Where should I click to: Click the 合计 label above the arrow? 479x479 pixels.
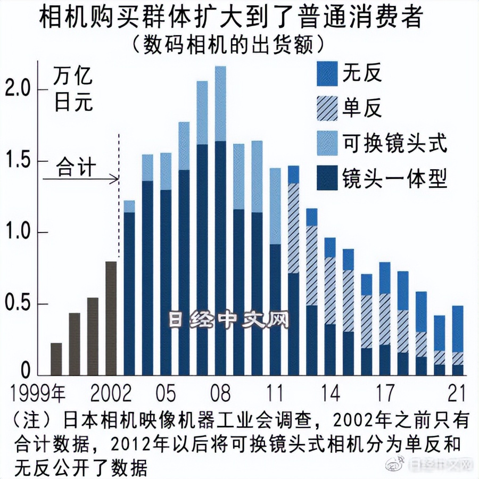[x=76, y=167]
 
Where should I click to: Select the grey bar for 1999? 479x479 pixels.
[x=56, y=359]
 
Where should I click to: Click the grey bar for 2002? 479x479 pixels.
[x=111, y=318]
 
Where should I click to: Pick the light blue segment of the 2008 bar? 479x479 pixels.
[x=220, y=104]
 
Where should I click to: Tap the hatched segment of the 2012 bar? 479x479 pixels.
[x=293, y=229]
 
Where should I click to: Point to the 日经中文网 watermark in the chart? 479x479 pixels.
[x=229, y=320]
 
